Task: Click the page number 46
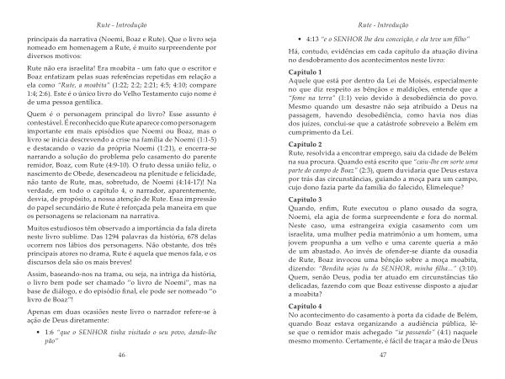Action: [x=122, y=356]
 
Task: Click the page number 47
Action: [x=382, y=356]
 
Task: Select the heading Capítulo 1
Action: [x=288, y=73]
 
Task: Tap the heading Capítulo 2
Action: [x=288, y=146]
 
